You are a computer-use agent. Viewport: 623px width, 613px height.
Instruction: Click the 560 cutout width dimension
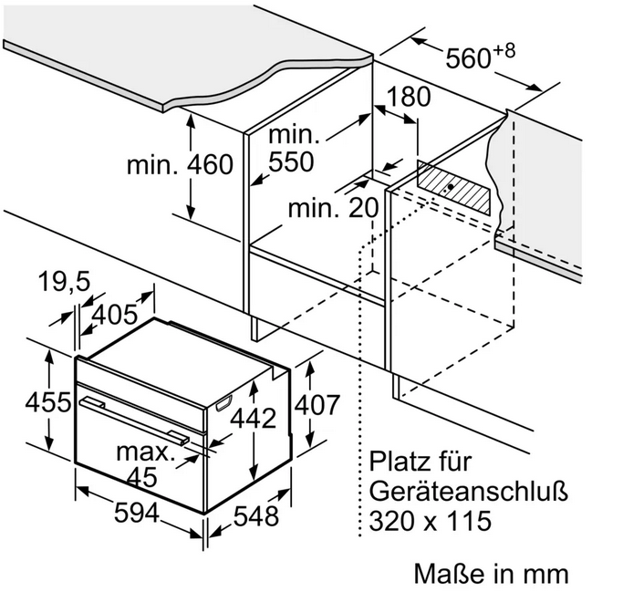pyautogui.click(x=468, y=58)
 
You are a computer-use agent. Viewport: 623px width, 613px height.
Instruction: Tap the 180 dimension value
pyautogui.click(x=408, y=97)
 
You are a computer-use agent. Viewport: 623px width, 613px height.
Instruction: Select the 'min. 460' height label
pyautogui.click(x=180, y=164)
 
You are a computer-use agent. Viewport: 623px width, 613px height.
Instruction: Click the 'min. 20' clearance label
pyautogui.click(x=333, y=208)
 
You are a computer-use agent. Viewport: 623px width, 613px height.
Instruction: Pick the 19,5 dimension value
pyautogui.click(x=64, y=282)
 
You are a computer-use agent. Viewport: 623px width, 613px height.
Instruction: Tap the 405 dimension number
pyautogui.click(x=115, y=314)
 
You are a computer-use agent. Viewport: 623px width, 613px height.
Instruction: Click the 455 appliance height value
pyautogui.click(x=48, y=402)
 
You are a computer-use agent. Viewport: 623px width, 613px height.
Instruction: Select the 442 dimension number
pyautogui.click(x=253, y=418)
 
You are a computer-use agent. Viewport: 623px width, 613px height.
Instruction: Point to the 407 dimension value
pyautogui.click(x=317, y=405)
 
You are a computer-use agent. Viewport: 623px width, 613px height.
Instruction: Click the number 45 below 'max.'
pyautogui.click(x=142, y=477)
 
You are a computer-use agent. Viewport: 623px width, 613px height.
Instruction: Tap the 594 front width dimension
pyautogui.click(x=137, y=513)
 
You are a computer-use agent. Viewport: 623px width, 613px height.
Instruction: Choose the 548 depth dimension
pyautogui.click(x=256, y=516)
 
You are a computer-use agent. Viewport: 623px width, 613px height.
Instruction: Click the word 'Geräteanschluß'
pyautogui.click(x=469, y=492)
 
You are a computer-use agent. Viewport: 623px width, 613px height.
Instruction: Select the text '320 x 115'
pyautogui.click(x=431, y=521)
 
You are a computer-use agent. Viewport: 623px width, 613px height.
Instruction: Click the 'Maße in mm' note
pyautogui.click(x=492, y=574)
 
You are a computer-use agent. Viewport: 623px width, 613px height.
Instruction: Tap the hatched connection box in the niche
pyautogui.click(x=453, y=187)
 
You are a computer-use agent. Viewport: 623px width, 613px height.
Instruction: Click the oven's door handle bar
pyautogui.click(x=135, y=421)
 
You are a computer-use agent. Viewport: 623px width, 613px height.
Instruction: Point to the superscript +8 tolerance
pyautogui.click(x=504, y=50)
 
